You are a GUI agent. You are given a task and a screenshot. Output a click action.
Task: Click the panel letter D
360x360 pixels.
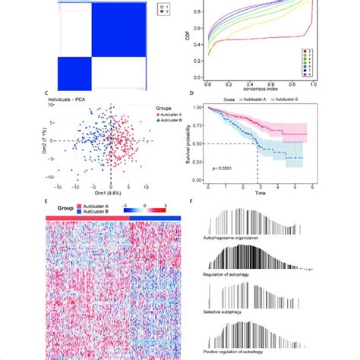(199, 93)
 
